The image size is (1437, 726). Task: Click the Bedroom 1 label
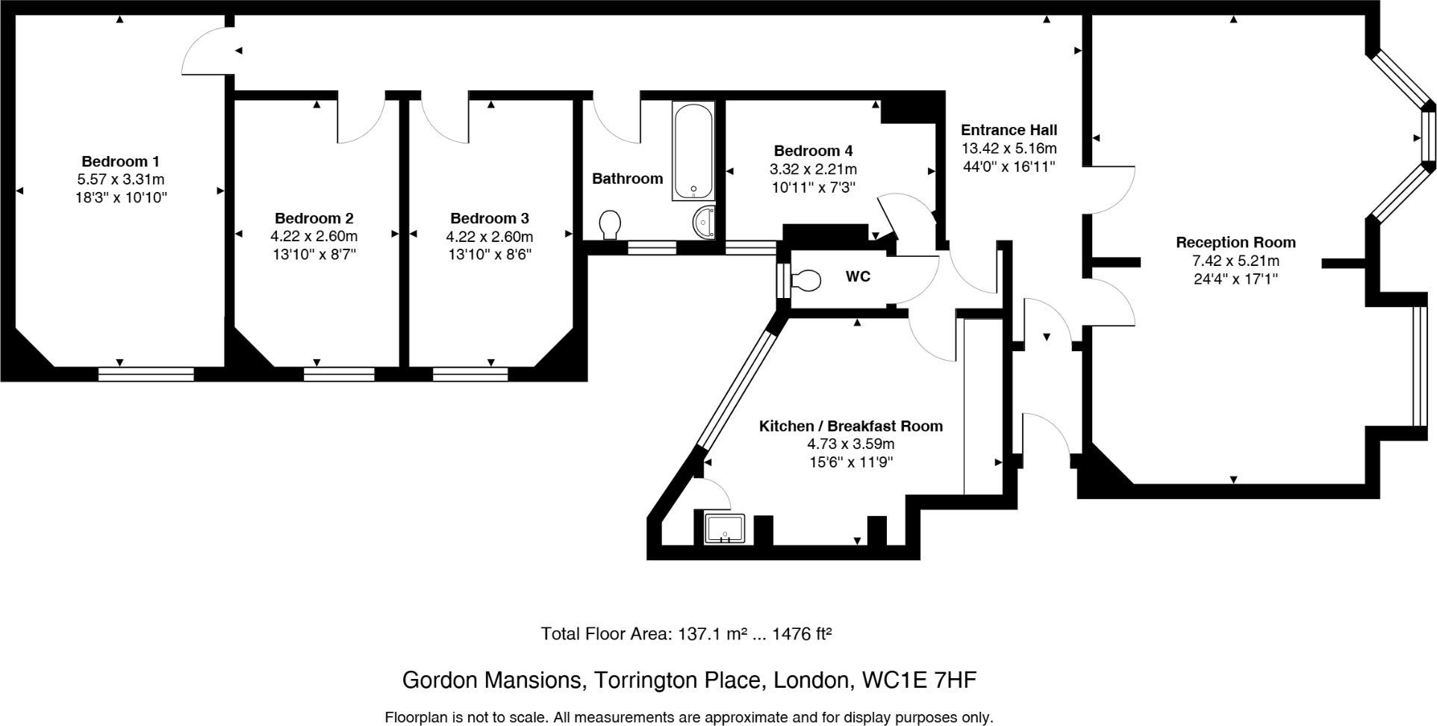120,161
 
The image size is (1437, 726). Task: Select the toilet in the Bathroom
611,224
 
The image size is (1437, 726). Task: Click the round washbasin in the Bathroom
704,221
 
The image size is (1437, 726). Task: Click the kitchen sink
724,529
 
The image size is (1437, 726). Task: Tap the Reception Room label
1235,243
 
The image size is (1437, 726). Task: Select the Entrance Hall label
1009,130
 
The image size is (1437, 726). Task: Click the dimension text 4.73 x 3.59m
850,444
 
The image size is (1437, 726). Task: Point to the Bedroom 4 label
813,151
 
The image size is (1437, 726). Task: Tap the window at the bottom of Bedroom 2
339,374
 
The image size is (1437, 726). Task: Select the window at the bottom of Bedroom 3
469,374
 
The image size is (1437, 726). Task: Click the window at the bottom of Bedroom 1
146,374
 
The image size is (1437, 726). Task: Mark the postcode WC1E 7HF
919,680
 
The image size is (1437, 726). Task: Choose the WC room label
858,277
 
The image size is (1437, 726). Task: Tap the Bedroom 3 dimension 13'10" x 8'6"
490,255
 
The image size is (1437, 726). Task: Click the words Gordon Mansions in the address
491,680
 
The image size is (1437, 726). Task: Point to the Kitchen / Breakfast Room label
850,426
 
